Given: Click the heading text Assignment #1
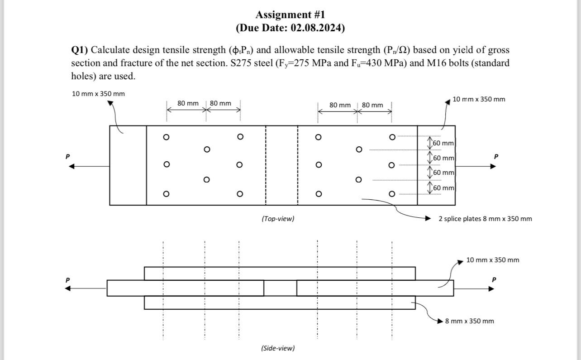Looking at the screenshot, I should pyautogui.click(x=290, y=15).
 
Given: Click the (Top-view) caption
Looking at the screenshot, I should pyautogui.click(x=277, y=219).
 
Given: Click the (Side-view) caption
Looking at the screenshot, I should pyautogui.click(x=277, y=348).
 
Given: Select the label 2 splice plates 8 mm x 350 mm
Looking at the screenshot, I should pyautogui.click(x=485, y=219).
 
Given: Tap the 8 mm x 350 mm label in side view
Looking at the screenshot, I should pyautogui.click(x=469, y=321).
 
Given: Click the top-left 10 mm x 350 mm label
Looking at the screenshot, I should pyautogui.click(x=98, y=94).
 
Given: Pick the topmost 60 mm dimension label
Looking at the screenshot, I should pyautogui.click(x=443, y=143).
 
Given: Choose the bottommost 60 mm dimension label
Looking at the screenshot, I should pyautogui.click(x=443, y=187).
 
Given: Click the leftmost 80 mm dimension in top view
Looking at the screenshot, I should pyautogui.click(x=188, y=103).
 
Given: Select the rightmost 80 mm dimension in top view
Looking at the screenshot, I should pyautogui.click(x=372, y=105).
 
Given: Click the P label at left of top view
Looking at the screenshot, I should pyautogui.click(x=67, y=156).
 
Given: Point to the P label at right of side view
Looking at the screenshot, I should pyautogui.click(x=494, y=279).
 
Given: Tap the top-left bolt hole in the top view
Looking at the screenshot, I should pyautogui.click(x=166, y=137).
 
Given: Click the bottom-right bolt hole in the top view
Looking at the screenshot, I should pyautogui.click(x=392, y=194).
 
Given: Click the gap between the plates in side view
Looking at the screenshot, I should pyautogui.click(x=280, y=288).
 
